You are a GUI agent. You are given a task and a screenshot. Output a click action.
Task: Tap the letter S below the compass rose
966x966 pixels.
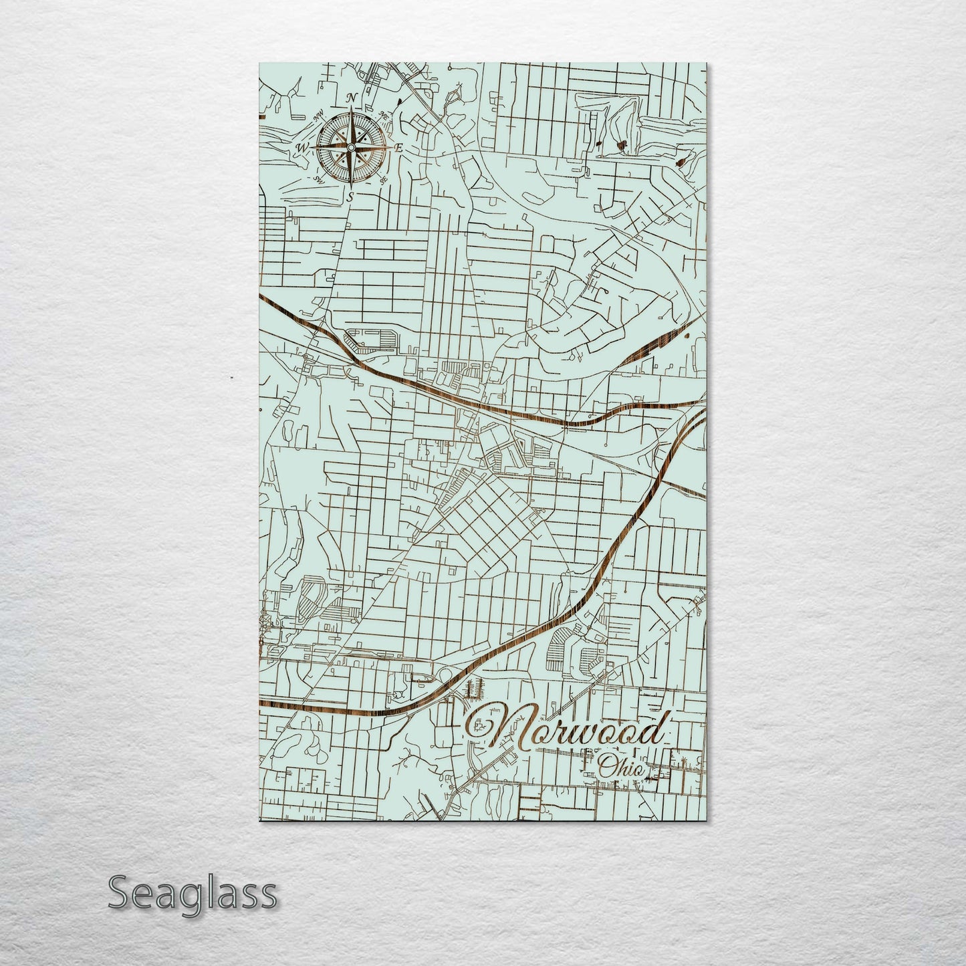(x=350, y=197)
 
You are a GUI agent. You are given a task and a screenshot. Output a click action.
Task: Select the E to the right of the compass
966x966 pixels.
(x=398, y=148)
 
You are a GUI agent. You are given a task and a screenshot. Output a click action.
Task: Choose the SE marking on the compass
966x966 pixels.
(x=383, y=180)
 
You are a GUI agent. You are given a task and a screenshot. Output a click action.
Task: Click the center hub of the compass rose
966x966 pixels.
(x=350, y=146)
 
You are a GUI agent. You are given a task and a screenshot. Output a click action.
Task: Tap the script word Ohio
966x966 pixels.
(x=622, y=767)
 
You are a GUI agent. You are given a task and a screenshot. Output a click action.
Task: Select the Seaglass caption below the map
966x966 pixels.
(x=192, y=893)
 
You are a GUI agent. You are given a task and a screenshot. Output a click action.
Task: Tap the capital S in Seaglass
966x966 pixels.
(x=119, y=893)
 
